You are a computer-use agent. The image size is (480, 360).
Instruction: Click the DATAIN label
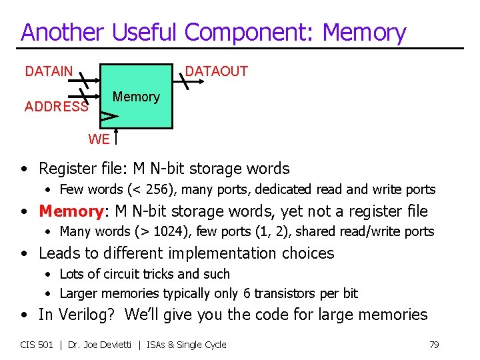click(x=49, y=71)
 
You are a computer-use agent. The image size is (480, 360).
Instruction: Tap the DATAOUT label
click(x=216, y=71)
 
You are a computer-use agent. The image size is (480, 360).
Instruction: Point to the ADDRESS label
click(x=56, y=107)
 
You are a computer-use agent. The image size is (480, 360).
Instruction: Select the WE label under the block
click(x=99, y=139)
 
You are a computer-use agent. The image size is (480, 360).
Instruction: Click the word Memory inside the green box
click(x=136, y=97)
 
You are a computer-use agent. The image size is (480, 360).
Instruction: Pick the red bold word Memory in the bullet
click(x=70, y=211)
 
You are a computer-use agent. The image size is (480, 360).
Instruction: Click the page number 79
click(x=434, y=345)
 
